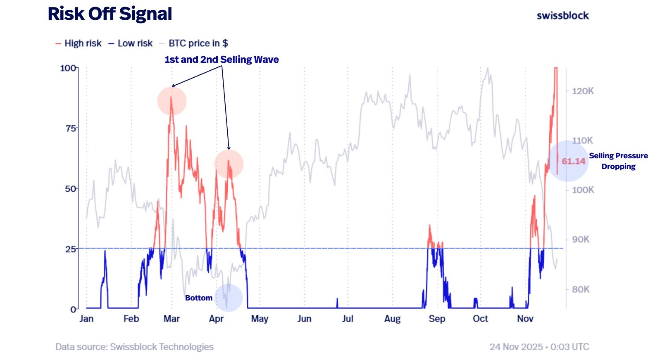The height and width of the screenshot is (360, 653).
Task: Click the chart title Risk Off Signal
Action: (x=110, y=14)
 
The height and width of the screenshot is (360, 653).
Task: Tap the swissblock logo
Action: (x=562, y=16)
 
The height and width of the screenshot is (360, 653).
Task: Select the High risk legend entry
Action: (x=79, y=43)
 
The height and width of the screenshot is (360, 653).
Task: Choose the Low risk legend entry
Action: (x=131, y=43)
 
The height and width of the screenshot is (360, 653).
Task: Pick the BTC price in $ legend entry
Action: (x=194, y=43)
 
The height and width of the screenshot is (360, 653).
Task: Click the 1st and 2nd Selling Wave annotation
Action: (x=222, y=60)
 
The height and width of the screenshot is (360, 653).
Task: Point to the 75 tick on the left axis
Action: (x=71, y=128)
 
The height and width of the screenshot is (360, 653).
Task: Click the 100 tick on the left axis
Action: (x=68, y=68)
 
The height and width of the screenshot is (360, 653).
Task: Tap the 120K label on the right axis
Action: (x=583, y=91)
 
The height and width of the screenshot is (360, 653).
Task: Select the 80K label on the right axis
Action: (x=581, y=289)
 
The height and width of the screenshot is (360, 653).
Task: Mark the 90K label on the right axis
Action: (x=581, y=240)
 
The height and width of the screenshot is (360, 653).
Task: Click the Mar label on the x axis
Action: (x=172, y=319)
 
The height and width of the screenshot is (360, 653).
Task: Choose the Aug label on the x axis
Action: (x=392, y=319)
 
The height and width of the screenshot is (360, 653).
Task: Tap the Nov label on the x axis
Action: (x=525, y=319)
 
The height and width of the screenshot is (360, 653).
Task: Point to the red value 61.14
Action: (x=573, y=161)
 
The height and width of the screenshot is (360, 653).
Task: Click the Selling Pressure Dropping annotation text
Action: (x=618, y=161)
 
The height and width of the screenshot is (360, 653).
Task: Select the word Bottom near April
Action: (x=199, y=298)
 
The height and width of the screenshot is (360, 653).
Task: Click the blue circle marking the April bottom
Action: (x=229, y=298)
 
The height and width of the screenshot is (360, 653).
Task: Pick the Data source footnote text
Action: (x=134, y=347)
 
